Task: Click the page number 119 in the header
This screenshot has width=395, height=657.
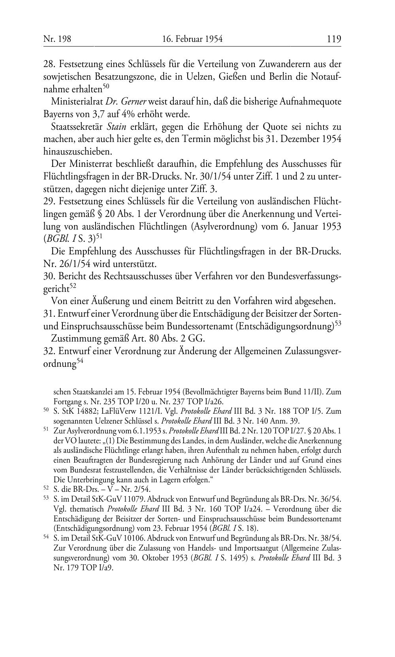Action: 333,39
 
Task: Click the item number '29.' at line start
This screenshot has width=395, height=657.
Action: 49,202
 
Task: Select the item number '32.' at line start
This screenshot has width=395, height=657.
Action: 49,352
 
